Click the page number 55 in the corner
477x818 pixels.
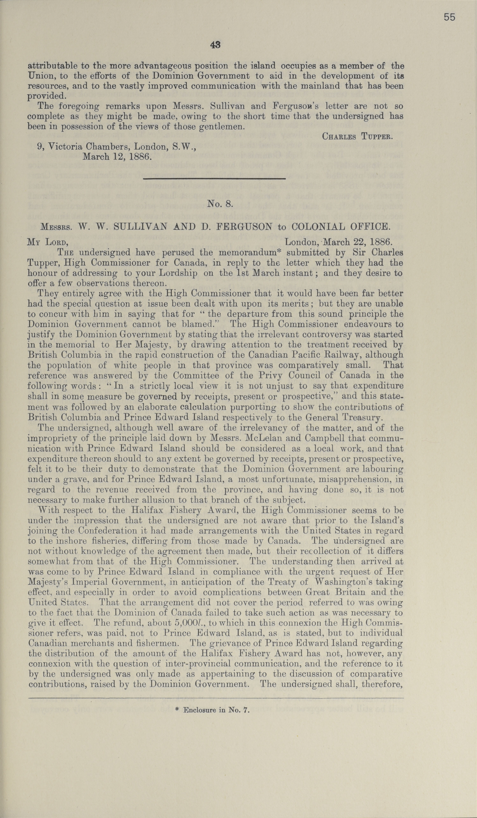pyautogui.click(x=449, y=17)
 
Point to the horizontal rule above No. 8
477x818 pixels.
pyautogui.click(x=214, y=178)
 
